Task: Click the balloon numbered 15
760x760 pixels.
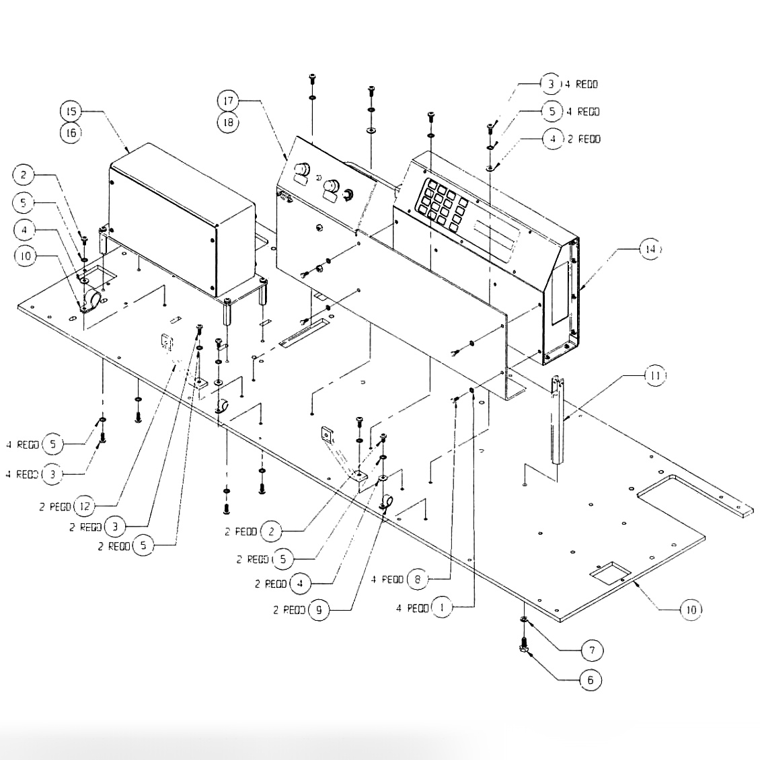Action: (71, 110)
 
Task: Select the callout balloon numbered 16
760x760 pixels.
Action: (71, 132)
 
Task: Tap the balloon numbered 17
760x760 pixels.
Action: (228, 101)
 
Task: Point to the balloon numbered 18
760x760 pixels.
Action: (228, 123)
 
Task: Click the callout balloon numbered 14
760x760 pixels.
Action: (650, 249)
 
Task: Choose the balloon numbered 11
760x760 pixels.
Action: (655, 375)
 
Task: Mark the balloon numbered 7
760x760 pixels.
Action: (592, 650)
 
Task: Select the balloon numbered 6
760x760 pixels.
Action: (591, 680)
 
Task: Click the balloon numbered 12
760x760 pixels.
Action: (84, 506)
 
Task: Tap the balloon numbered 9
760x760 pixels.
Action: (319, 611)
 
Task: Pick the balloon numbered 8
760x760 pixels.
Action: (418, 579)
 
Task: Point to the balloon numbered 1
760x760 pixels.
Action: (442, 608)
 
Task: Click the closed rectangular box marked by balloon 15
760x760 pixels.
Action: (182, 215)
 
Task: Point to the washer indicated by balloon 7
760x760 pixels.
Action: (523, 620)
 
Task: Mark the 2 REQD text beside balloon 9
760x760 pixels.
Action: (289, 611)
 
